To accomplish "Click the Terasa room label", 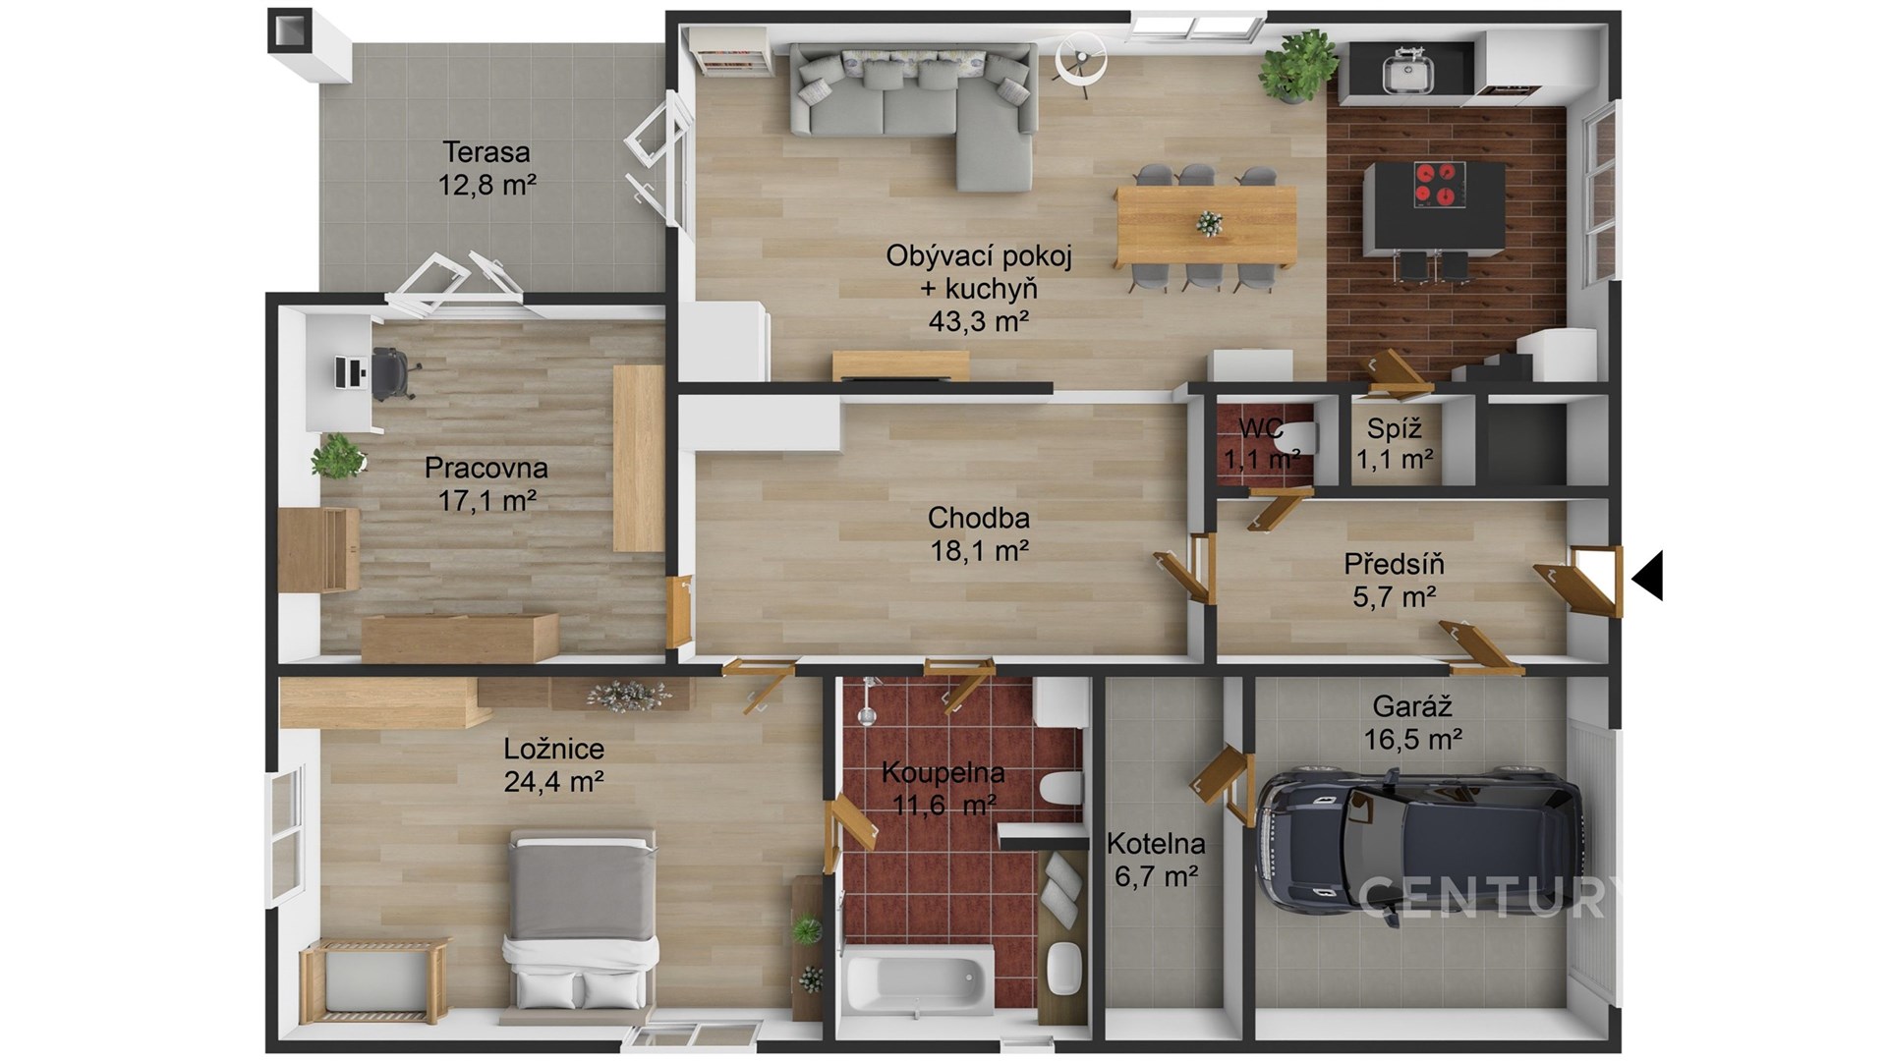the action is [486, 152].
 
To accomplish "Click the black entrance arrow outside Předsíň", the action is [1647, 576].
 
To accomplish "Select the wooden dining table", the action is [1206, 226].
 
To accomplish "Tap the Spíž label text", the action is [1394, 428].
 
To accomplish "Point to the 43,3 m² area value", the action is [979, 320].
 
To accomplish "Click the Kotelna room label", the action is [1156, 843].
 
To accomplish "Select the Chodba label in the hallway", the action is [979, 518].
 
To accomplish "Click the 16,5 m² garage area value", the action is [1412, 739].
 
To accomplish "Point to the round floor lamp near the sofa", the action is [1080, 61].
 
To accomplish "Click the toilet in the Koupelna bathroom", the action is [1062, 789].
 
